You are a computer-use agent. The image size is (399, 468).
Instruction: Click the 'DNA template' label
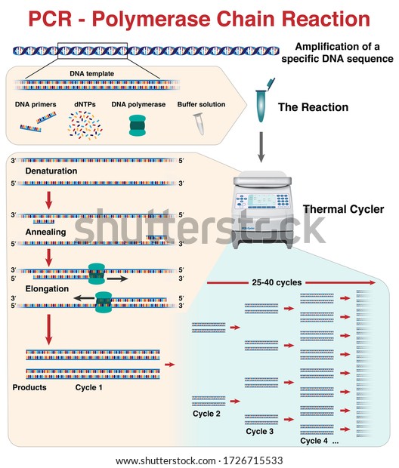click(91, 74)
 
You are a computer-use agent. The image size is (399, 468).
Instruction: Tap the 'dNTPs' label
click(85, 104)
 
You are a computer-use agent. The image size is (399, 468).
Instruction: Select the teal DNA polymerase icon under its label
click(138, 125)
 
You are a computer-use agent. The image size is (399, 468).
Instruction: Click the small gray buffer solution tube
click(199, 124)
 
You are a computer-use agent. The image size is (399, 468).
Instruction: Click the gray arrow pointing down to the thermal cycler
click(261, 147)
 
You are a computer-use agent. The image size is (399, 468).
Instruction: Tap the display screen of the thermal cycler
click(261, 200)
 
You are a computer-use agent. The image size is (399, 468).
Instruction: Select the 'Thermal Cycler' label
click(343, 209)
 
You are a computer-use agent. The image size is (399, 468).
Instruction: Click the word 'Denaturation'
click(51, 171)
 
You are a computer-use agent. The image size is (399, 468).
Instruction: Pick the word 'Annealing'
click(45, 232)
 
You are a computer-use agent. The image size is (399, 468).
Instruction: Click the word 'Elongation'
click(47, 289)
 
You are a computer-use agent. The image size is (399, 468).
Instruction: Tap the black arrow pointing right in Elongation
click(117, 279)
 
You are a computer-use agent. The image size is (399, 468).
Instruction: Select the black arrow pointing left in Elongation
click(85, 298)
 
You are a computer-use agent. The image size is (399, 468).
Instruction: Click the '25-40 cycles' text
click(277, 282)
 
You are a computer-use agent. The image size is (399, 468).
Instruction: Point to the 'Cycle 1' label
click(88, 387)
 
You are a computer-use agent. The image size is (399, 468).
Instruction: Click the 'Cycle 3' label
click(259, 431)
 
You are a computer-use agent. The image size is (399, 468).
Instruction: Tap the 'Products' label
click(29, 387)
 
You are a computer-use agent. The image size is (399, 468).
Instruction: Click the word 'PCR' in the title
click(50, 19)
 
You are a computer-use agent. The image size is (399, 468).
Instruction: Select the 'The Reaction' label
click(313, 107)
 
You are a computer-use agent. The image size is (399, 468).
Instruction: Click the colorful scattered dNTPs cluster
click(85, 125)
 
